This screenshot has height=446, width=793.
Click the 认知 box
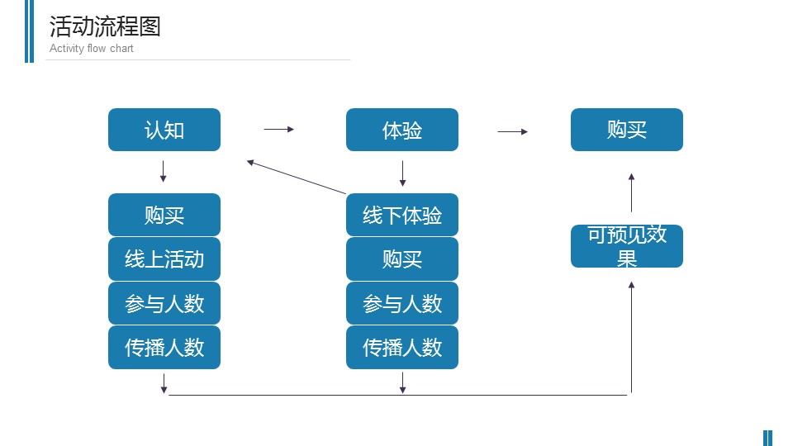pos(164,130)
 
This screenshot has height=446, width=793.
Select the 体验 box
pos(402,130)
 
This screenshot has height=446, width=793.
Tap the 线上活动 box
pos(164,259)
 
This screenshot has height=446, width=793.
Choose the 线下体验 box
pos(402,215)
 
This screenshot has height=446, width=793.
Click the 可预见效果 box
pos(627,246)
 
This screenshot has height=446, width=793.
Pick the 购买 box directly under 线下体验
pos(402,259)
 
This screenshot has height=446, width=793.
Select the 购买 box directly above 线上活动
pos(164,215)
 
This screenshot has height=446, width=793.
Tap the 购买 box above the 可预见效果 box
pos(627,130)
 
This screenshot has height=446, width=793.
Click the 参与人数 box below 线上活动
pos(164,303)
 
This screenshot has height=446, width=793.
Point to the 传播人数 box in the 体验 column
pos(402,348)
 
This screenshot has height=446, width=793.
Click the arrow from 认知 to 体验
pos(278,130)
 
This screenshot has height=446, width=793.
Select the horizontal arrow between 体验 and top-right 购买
pos(513,131)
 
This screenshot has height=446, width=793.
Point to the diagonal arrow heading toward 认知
pos(297,177)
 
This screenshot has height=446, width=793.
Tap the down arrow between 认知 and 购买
pos(163,172)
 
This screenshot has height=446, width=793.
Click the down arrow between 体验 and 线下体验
pos(402,173)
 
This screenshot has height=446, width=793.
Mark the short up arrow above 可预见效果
pos(631,192)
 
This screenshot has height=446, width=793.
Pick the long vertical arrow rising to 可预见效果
pos(631,337)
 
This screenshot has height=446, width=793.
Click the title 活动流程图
pos(105,26)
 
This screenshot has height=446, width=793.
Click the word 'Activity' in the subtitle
pos(67,49)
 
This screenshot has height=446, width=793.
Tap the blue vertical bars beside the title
pos(30,31)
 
